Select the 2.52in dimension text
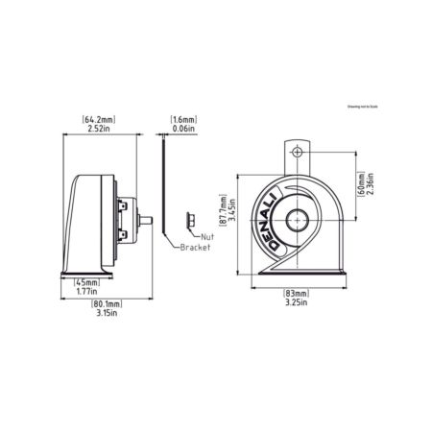(100, 128)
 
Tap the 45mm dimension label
(87, 283)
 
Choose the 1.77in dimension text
(87, 293)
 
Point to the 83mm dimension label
(296, 292)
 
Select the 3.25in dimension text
(296, 301)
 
